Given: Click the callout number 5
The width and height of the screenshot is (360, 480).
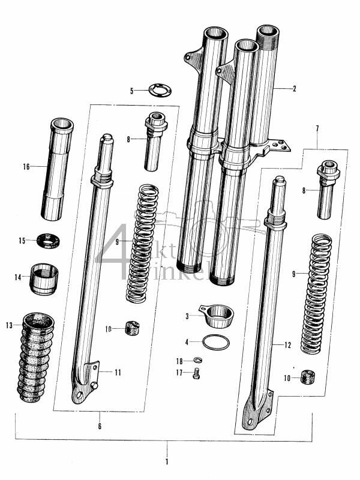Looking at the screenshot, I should coord(132,91).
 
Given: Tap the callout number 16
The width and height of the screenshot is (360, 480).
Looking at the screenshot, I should coord(26,166).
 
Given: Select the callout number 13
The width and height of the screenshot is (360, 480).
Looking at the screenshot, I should coord(9,326).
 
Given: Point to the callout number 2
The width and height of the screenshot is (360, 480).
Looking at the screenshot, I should coord(294,89).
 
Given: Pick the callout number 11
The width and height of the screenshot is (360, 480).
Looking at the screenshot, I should coord(118,373).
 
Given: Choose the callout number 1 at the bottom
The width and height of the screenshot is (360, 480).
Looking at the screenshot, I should coord(167,462).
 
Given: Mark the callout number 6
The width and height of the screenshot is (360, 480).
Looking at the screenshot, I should coord(100,427).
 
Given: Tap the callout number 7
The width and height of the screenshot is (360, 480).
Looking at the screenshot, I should coord(316,129).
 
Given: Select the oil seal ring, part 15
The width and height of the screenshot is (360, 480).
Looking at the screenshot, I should coord(49,241).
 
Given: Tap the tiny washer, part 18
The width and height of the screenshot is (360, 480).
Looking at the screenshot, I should coord(198,361).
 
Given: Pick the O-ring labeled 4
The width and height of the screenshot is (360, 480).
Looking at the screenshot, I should coord(215,343).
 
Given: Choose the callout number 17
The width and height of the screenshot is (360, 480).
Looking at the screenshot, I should coord(179,373).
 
